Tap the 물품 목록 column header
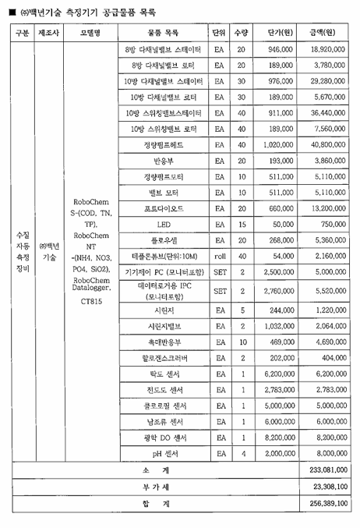click(x=162, y=33)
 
